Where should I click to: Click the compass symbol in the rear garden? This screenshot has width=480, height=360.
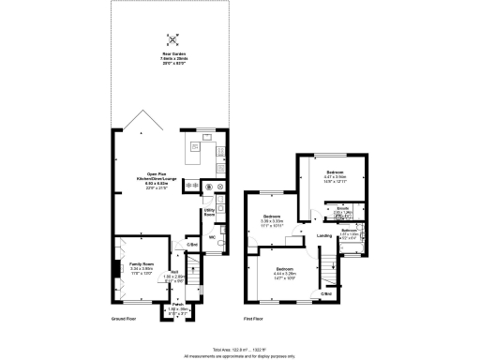(172, 40)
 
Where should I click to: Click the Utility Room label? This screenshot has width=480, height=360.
(212, 214)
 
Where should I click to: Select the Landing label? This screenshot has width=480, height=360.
(324, 235)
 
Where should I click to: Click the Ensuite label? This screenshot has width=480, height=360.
(344, 210)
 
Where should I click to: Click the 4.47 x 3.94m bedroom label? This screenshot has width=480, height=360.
(335, 175)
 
